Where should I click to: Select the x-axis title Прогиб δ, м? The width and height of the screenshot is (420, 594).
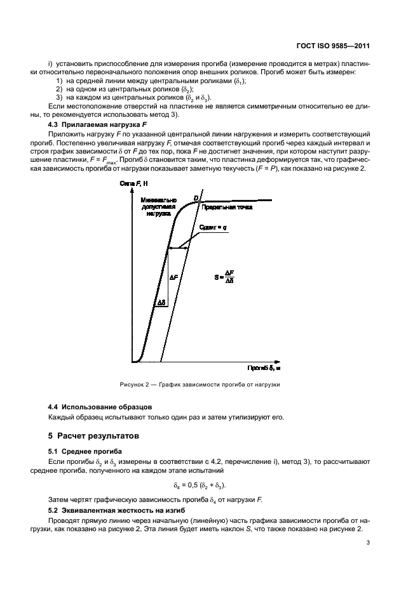pos(263,368)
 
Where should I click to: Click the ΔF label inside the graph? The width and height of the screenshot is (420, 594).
pos(174,277)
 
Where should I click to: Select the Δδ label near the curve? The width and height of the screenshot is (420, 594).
pos(162,304)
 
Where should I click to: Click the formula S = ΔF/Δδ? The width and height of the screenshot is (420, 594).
pos(229,277)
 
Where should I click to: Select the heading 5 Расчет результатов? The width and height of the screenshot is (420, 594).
pos(93,437)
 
